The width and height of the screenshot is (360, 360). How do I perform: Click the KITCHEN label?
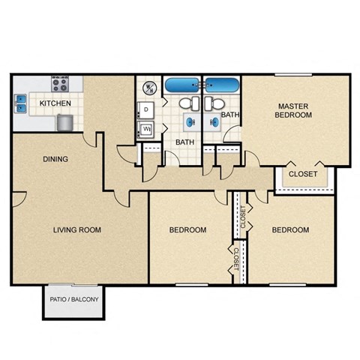pos(55,103)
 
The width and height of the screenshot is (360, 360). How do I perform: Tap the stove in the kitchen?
pos(60,82)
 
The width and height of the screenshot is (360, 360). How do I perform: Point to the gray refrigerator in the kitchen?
pos(65,121)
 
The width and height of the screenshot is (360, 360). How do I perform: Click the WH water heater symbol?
pos(148,88)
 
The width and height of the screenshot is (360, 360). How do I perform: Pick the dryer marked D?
pos(145,110)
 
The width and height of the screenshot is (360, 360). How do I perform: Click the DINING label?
pos(55,159)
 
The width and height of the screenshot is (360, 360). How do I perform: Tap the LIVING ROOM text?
pos(76,229)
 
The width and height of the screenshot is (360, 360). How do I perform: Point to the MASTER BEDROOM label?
pos(293,111)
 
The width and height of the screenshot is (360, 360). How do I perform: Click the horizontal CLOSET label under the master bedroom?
pos(302,174)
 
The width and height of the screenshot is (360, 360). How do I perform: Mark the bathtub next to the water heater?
pos(183,85)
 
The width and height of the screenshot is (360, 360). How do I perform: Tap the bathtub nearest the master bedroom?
pos(222,85)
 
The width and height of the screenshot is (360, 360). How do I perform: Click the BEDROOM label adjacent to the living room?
pos(188,230)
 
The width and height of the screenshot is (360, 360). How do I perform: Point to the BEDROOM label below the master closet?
pos(290,230)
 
